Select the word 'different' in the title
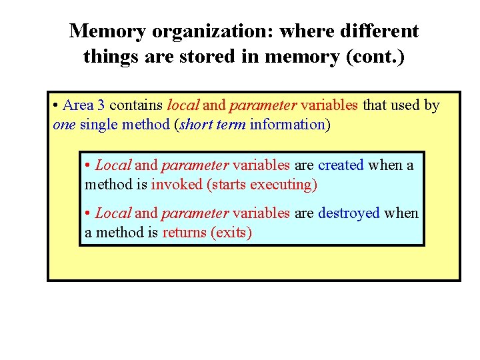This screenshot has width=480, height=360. (x=380, y=31)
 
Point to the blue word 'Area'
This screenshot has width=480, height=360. (x=78, y=105)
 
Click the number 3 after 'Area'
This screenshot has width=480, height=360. (x=101, y=105)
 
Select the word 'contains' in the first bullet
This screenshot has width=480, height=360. (x=136, y=105)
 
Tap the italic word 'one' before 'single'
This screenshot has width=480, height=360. (x=63, y=124)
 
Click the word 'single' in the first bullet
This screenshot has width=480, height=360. (x=99, y=124)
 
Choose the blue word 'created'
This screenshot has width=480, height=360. (x=341, y=165)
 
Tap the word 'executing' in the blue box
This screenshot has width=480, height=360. (x=284, y=184)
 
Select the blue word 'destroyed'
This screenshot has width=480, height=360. (x=349, y=213)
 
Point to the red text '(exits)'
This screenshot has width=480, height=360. (x=231, y=233)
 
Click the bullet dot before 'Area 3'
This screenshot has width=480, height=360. (x=55, y=105)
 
